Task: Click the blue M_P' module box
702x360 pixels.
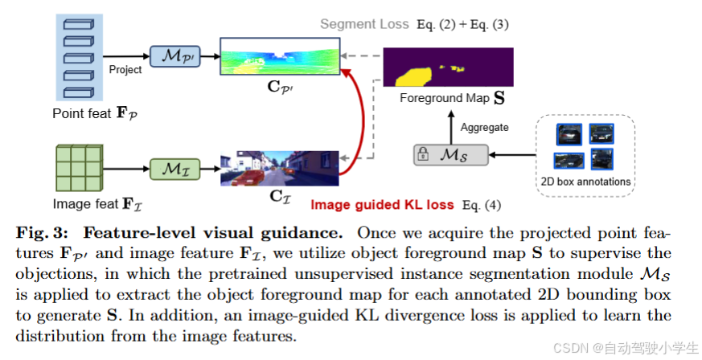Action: (174, 56)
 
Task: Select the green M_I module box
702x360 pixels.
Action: (174, 169)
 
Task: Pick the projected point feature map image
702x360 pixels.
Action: (279, 57)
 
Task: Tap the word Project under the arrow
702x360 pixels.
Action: (125, 70)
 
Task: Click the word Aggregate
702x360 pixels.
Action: (484, 127)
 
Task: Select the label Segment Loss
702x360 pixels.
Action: (364, 24)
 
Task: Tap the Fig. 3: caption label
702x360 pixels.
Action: (47, 234)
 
